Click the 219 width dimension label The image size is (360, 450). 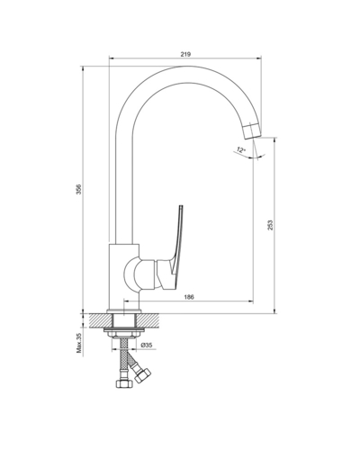(x=184, y=55)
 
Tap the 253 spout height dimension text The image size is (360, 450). (x=270, y=228)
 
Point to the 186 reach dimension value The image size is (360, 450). (x=189, y=296)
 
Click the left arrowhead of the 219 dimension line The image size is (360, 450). (x=112, y=61)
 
